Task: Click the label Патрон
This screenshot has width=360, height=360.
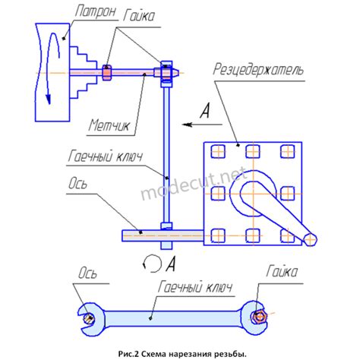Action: [96, 11]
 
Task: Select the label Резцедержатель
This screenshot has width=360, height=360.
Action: [257, 69]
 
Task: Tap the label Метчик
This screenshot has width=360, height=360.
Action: [109, 125]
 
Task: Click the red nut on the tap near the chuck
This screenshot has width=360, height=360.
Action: [106, 72]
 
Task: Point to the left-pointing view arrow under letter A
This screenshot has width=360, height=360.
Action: [202, 125]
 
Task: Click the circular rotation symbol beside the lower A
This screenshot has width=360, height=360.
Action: [152, 264]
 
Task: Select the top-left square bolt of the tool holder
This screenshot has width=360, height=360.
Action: [218, 151]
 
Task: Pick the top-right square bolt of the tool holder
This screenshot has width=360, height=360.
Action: [288, 151]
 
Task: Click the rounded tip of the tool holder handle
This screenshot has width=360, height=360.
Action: [311, 239]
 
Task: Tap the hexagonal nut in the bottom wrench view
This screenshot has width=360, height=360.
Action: [258, 317]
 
